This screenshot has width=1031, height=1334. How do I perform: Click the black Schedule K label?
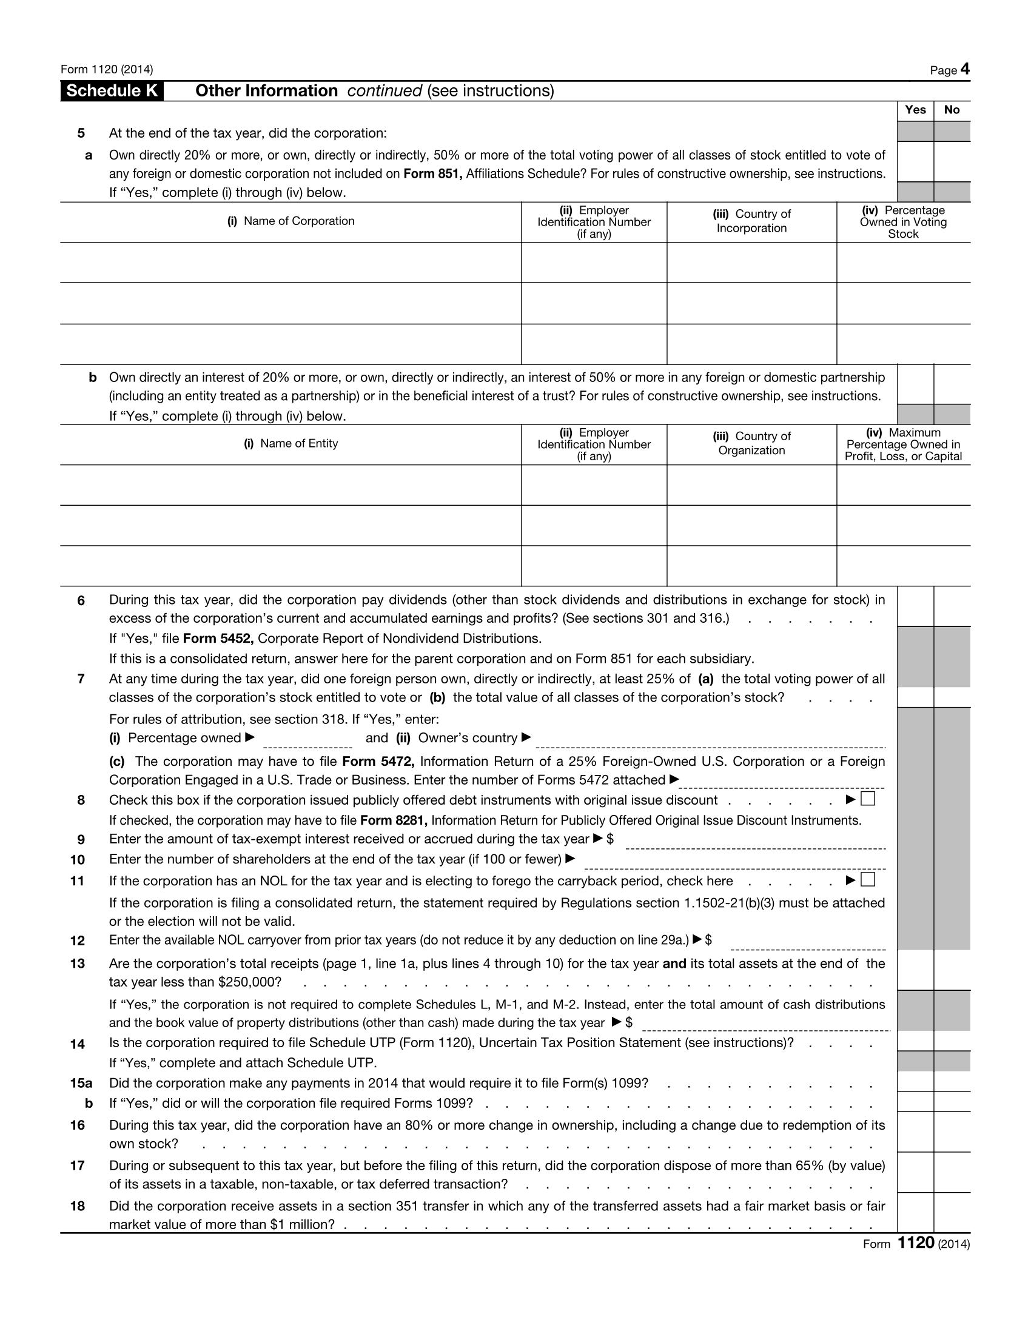coord(112,91)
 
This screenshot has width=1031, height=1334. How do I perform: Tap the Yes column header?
coord(915,110)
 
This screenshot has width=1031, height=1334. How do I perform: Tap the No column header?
coord(952,110)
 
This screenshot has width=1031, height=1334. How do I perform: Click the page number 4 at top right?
coord(964,69)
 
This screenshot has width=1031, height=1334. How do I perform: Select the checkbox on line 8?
coord(868,799)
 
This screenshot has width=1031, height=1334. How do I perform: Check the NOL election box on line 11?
coord(868,880)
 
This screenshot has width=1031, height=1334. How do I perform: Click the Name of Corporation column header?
coord(290,221)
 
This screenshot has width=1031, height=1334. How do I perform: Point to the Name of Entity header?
coord(290,443)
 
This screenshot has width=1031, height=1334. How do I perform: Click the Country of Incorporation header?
coord(751,221)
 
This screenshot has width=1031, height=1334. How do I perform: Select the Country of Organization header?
coord(751,443)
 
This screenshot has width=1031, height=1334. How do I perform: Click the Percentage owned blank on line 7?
coord(307,740)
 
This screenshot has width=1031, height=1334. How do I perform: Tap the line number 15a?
coord(81,1084)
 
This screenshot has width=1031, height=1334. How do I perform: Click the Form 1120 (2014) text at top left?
coord(107,70)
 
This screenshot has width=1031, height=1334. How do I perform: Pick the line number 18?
coord(78,1206)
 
